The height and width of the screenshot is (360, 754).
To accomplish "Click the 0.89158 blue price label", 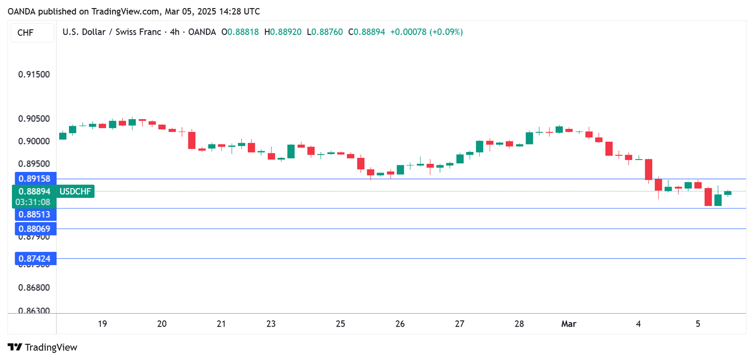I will [34, 178].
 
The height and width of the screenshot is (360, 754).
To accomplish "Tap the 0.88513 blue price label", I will [34, 214].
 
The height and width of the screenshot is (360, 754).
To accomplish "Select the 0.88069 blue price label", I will [34, 229].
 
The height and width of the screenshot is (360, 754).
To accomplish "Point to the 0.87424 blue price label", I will [34, 259].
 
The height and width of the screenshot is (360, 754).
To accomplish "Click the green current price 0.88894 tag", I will [34, 191].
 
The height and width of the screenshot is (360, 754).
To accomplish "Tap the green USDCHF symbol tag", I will [75, 191].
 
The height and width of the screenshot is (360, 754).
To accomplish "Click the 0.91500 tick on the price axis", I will [34, 74].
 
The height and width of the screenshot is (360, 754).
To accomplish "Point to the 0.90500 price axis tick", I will [34, 119].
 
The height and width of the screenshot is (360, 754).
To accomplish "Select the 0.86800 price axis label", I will [34, 287].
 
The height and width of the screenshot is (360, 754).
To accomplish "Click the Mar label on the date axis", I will [569, 324].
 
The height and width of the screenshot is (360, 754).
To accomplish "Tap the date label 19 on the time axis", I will [102, 324].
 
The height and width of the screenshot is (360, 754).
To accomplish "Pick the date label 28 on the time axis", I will [519, 324].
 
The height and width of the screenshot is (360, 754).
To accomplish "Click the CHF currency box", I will [25, 33].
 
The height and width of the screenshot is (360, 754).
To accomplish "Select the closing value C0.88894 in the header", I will [367, 32].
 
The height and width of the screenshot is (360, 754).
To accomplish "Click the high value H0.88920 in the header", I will [283, 32].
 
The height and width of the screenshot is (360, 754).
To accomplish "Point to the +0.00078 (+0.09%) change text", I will [427, 32].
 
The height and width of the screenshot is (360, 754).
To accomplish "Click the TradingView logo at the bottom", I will [43, 348].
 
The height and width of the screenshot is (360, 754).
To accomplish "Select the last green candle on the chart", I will [728, 193].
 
